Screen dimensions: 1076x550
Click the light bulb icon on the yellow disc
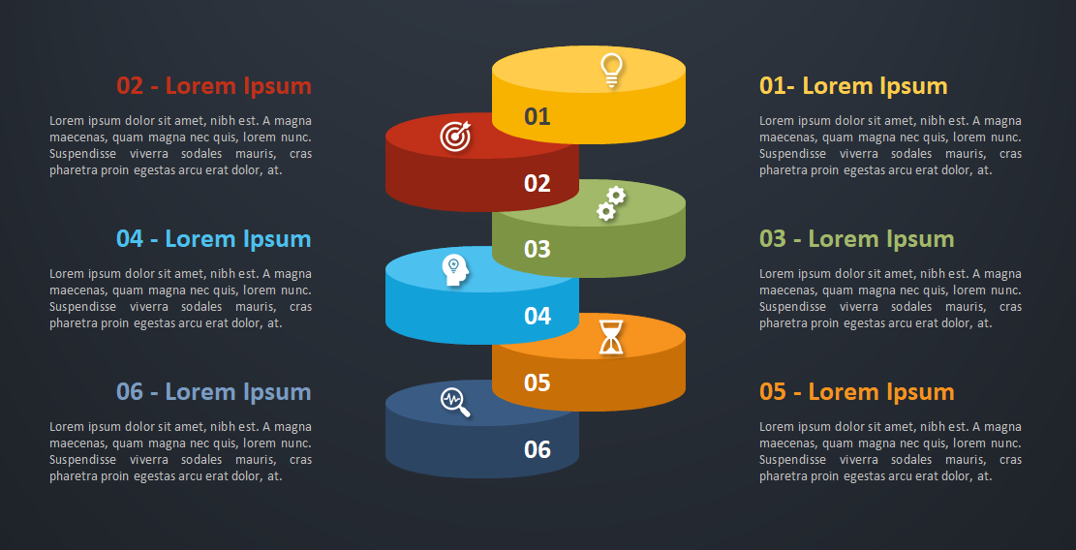pos(611,71)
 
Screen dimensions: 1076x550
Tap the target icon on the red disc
pos(455,136)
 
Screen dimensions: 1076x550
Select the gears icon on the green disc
pos(611,203)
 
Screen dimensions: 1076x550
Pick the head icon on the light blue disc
pos(455,270)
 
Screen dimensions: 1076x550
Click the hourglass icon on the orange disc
pos(611,337)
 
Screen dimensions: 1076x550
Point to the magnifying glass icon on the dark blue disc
pos(455,403)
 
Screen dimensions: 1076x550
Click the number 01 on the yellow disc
pos(538,116)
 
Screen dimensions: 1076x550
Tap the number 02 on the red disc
pos(538,183)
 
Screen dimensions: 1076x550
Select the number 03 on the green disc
pos(538,249)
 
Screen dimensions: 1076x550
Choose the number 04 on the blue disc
pos(538,316)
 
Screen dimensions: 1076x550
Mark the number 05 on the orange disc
pos(538,382)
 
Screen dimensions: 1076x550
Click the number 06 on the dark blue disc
pos(538,449)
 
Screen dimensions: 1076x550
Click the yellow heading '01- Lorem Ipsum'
pos(853,86)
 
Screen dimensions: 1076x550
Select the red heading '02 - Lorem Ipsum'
pos(214,86)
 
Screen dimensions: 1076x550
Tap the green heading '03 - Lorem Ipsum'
pos(856,239)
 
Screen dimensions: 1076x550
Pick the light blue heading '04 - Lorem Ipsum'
pos(214,239)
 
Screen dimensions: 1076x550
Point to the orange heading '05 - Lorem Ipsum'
pos(856,392)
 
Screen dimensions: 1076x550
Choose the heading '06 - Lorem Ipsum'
pos(214,392)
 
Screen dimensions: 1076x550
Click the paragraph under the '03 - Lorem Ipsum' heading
pos(890,298)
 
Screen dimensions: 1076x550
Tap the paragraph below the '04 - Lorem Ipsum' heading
pos(180,298)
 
